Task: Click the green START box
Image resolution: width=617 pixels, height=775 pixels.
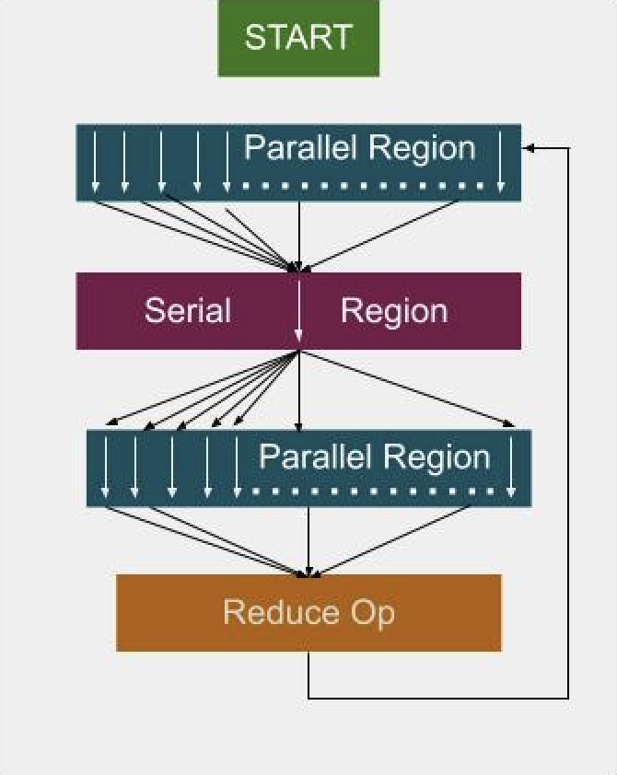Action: tap(298, 38)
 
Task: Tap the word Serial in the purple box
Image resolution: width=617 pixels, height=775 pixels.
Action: tap(187, 310)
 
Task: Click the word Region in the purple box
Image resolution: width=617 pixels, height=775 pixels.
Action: tap(394, 310)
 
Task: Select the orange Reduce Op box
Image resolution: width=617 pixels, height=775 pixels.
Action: tap(308, 613)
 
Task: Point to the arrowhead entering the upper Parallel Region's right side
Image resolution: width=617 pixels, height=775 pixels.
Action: tap(528, 147)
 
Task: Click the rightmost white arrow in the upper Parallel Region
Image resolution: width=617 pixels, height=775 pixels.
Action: tap(501, 162)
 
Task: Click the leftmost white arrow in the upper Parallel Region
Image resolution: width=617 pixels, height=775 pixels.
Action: tap(95, 162)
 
